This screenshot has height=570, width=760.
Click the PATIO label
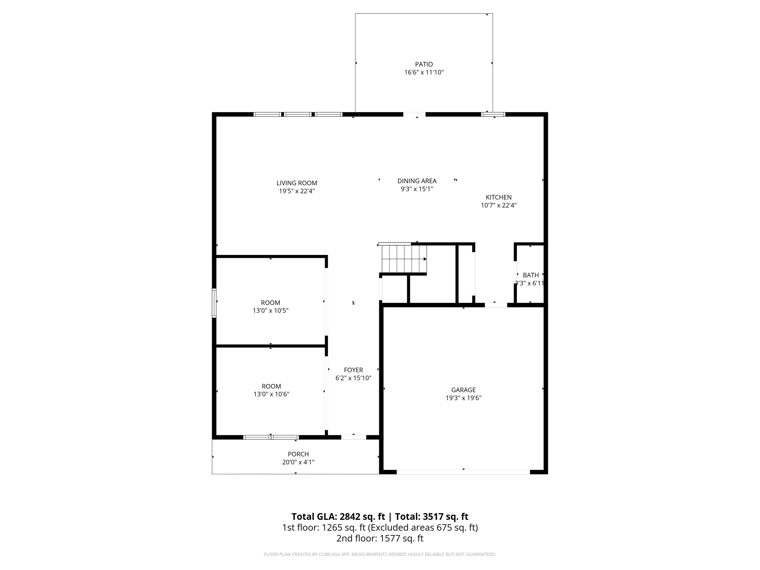click(424, 64)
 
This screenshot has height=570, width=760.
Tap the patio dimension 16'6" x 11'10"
click(424, 72)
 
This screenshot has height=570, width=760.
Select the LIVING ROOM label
click(297, 183)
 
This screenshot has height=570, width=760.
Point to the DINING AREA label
click(417, 181)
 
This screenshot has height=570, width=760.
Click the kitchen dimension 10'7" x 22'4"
click(498, 205)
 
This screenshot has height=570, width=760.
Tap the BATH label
click(531, 275)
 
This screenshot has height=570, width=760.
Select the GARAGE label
click(463, 390)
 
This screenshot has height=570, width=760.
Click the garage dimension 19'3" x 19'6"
click(463, 398)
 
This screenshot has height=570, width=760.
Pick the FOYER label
click(353, 370)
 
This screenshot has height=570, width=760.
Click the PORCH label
click(298, 454)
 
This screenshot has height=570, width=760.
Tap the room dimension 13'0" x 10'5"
click(270, 311)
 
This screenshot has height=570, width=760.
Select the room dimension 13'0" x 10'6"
click(271, 394)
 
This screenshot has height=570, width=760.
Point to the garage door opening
click(463, 472)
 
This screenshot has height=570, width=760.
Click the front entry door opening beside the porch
click(353, 437)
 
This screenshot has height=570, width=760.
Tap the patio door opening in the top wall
click(414, 114)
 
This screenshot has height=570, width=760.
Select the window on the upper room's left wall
click(214, 303)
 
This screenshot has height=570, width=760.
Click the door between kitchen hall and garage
click(496, 305)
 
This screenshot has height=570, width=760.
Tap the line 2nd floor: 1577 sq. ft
click(380, 538)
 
